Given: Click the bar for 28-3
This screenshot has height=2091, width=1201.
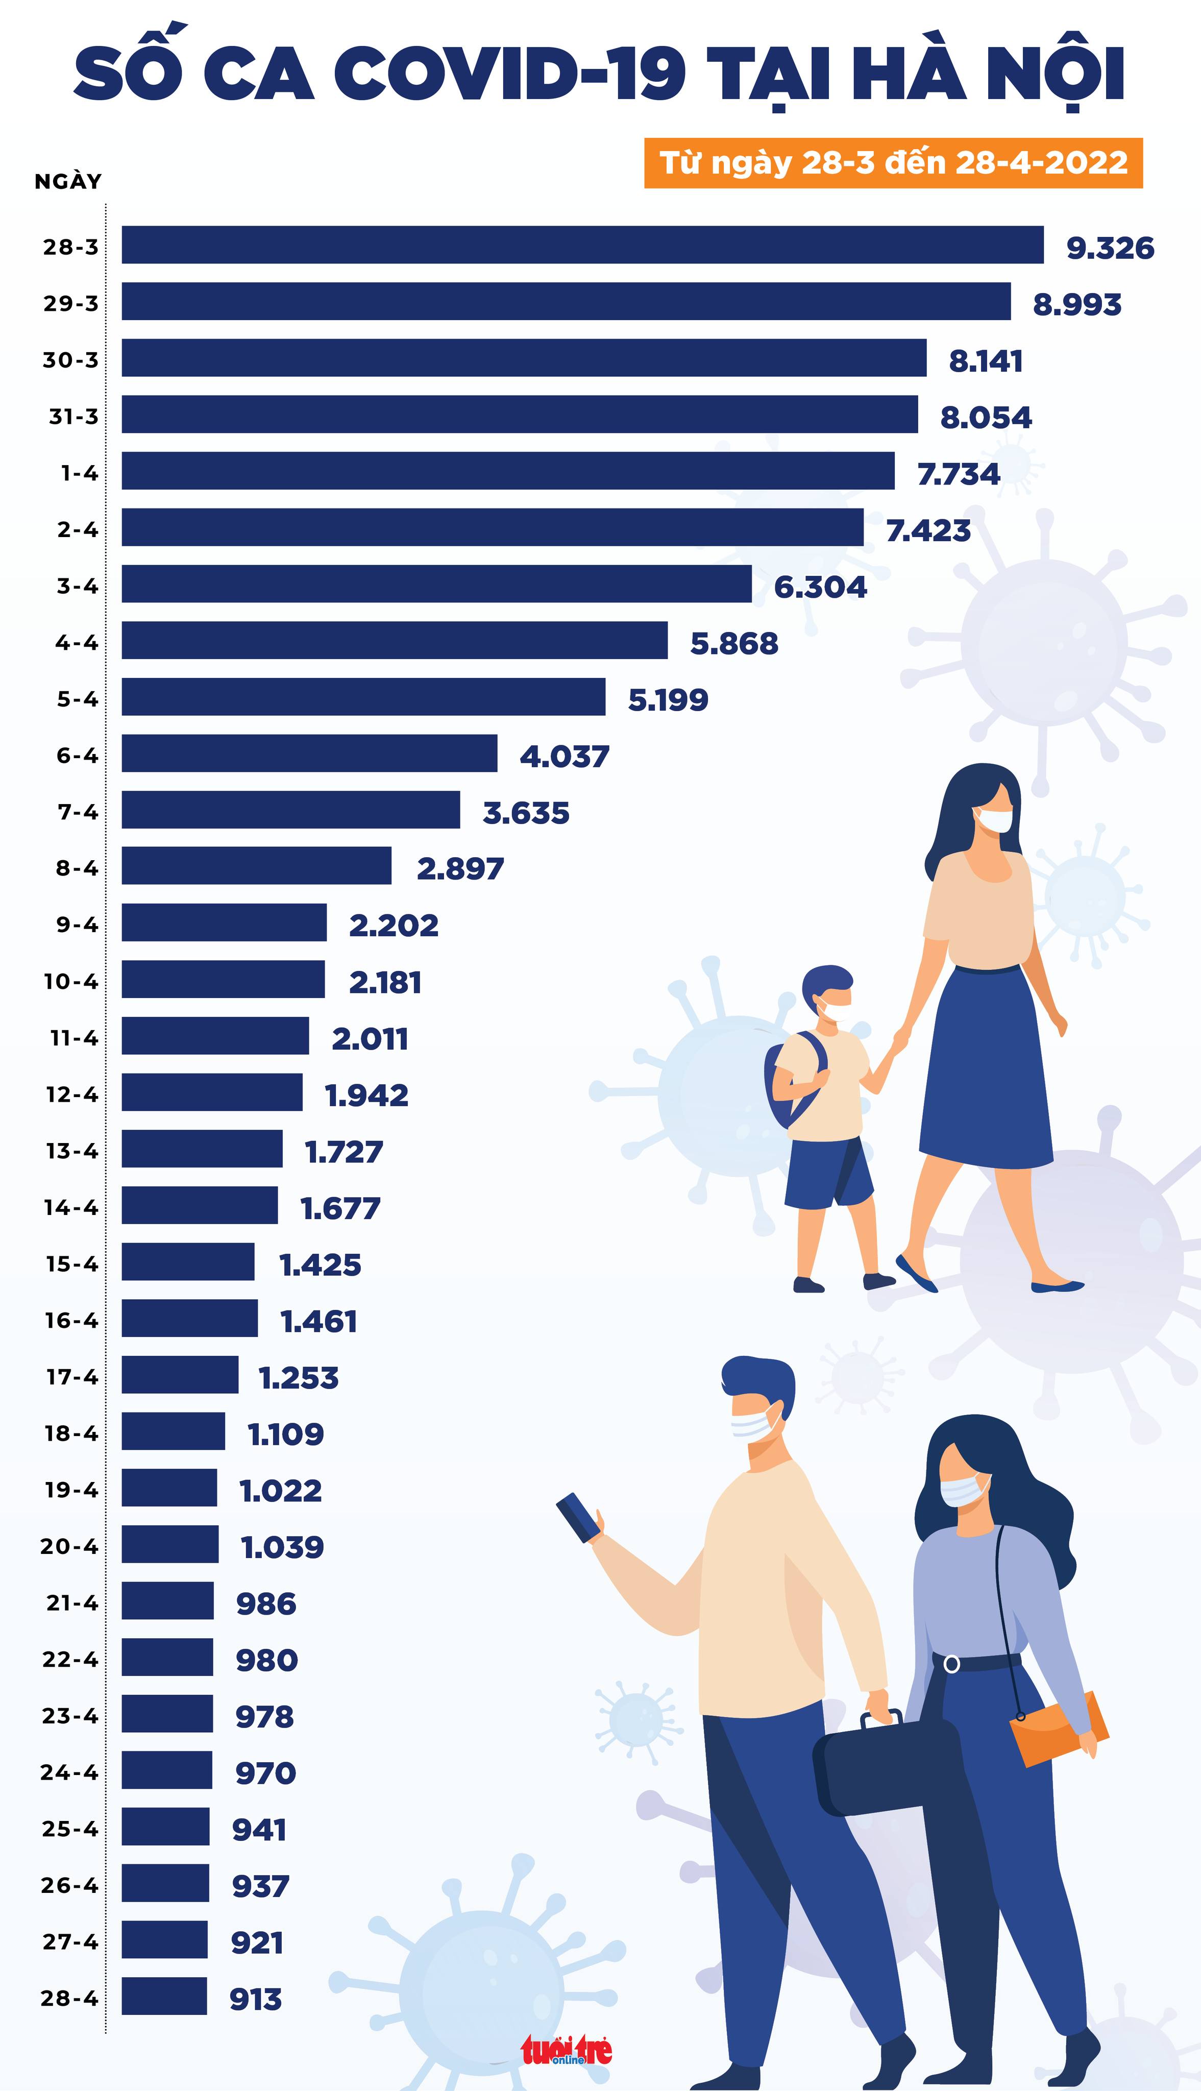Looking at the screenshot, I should pyautogui.click(x=582, y=245).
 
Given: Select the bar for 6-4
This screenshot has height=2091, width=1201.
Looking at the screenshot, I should pyautogui.click(x=309, y=753).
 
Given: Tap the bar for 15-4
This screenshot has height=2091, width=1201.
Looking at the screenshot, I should pyautogui.click(x=188, y=1261).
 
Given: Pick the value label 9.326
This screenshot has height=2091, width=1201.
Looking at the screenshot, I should pyautogui.click(x=1110, y=248).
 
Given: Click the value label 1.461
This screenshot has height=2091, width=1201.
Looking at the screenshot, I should pyautogui.click(x=318, y=1321).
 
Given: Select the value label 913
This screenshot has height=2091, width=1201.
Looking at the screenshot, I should pyautogui.click(x=256, y=1999).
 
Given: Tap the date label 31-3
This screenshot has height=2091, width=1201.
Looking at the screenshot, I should pyautogui.click(x=73, y=417).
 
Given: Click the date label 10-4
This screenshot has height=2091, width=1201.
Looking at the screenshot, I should pyautogui.click(x=71, y=982).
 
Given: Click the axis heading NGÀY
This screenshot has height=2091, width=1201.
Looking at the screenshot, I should pyautogui.click(x=68, y=181).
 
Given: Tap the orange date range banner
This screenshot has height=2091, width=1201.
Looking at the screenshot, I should pyautogui.click(x=893, y=162).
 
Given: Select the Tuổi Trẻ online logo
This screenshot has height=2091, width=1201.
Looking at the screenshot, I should pyautogui.click(x=566, y=2050).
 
